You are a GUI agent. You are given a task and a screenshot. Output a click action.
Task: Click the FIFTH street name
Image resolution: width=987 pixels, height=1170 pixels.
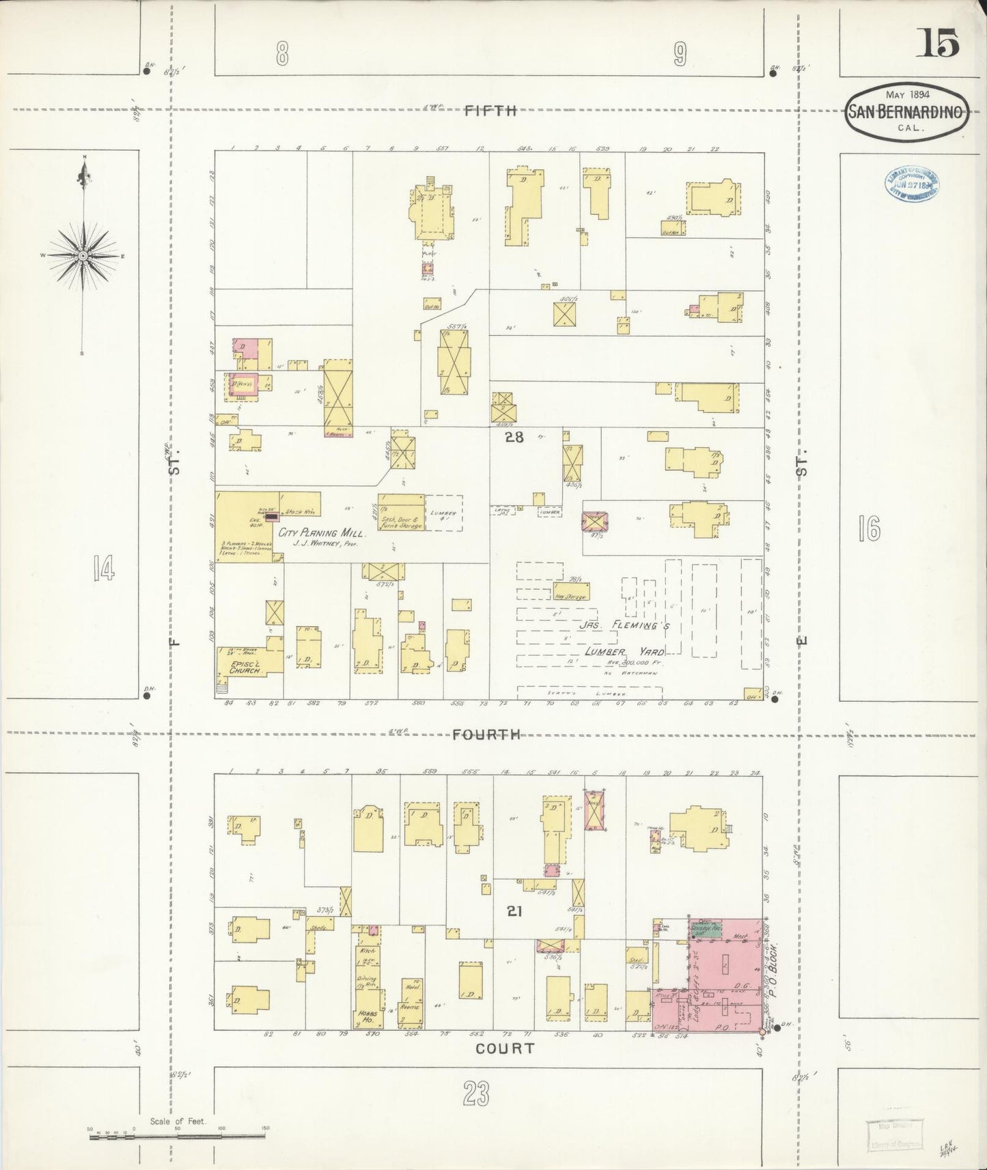pyautogui.click(x=491, y=111)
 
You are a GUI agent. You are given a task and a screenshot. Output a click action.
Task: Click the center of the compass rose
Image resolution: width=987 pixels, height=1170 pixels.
pyautogui.click(x=83, y=255)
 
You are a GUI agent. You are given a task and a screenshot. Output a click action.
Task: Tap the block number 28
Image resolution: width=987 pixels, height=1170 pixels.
pyautogui.click(x=514, y=438)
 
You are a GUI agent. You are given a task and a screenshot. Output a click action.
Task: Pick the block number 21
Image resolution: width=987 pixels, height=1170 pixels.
pyautogui.click(x=514, y=911)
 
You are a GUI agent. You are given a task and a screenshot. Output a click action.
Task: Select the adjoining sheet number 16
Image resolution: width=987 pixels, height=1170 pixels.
pyautogui.click(x=869, y=529)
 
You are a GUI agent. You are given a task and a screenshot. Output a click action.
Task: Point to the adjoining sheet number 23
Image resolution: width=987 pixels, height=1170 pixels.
pyautogui.click(x=475, y=1095)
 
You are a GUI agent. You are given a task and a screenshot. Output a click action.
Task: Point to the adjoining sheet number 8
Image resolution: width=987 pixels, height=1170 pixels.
pyautogui.click(x=282, y=54)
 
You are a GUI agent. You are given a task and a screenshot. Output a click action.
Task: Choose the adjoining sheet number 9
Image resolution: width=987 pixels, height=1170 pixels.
pyautogui.click(x=679, y=54)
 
